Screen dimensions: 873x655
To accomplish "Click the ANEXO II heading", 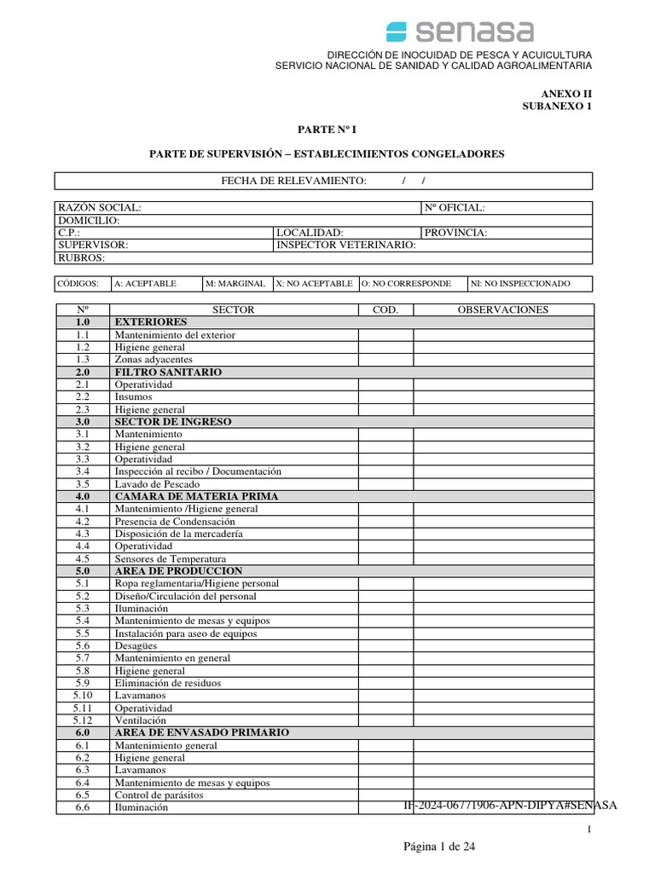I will tap(566, 94).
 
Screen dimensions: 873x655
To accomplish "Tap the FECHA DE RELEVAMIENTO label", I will tap(293, 181).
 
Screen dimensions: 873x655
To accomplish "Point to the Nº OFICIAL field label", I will tap(454, 208).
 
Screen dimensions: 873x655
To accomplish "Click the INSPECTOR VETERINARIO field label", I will tap(345, 245).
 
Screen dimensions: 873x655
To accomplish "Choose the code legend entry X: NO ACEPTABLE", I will tap(314, 284).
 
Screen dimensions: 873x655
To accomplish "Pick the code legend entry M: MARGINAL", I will tap(235, 284).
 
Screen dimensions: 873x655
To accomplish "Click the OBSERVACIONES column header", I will tap(503, 310).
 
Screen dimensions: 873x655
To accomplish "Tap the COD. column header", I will tap(385, 310).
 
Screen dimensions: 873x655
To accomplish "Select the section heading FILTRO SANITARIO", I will tap(168, 373).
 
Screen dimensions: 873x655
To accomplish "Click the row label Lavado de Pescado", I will tap(157, 484).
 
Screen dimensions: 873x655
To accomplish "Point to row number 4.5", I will tap(83, 558).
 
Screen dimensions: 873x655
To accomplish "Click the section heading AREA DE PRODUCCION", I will tap(178, 571).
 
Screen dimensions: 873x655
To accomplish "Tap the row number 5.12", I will tap(83, 720).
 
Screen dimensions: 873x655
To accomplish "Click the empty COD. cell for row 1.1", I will tap(385, 335).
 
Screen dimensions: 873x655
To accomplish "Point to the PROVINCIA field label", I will tap(456, 233).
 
